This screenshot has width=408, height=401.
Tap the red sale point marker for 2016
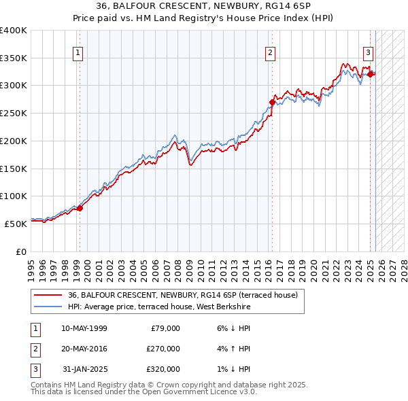click(272, 103)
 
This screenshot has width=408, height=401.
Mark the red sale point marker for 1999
click(80, 208)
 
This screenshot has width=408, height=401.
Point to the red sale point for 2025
click(371, 75)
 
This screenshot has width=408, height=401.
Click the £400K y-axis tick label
click(14, 31)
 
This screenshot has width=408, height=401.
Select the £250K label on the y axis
click(14, 114)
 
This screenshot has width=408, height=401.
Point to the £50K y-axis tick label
click(16, 224)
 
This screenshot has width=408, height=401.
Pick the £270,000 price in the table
click(163, 349)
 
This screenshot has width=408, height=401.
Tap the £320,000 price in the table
click(163, 369)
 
